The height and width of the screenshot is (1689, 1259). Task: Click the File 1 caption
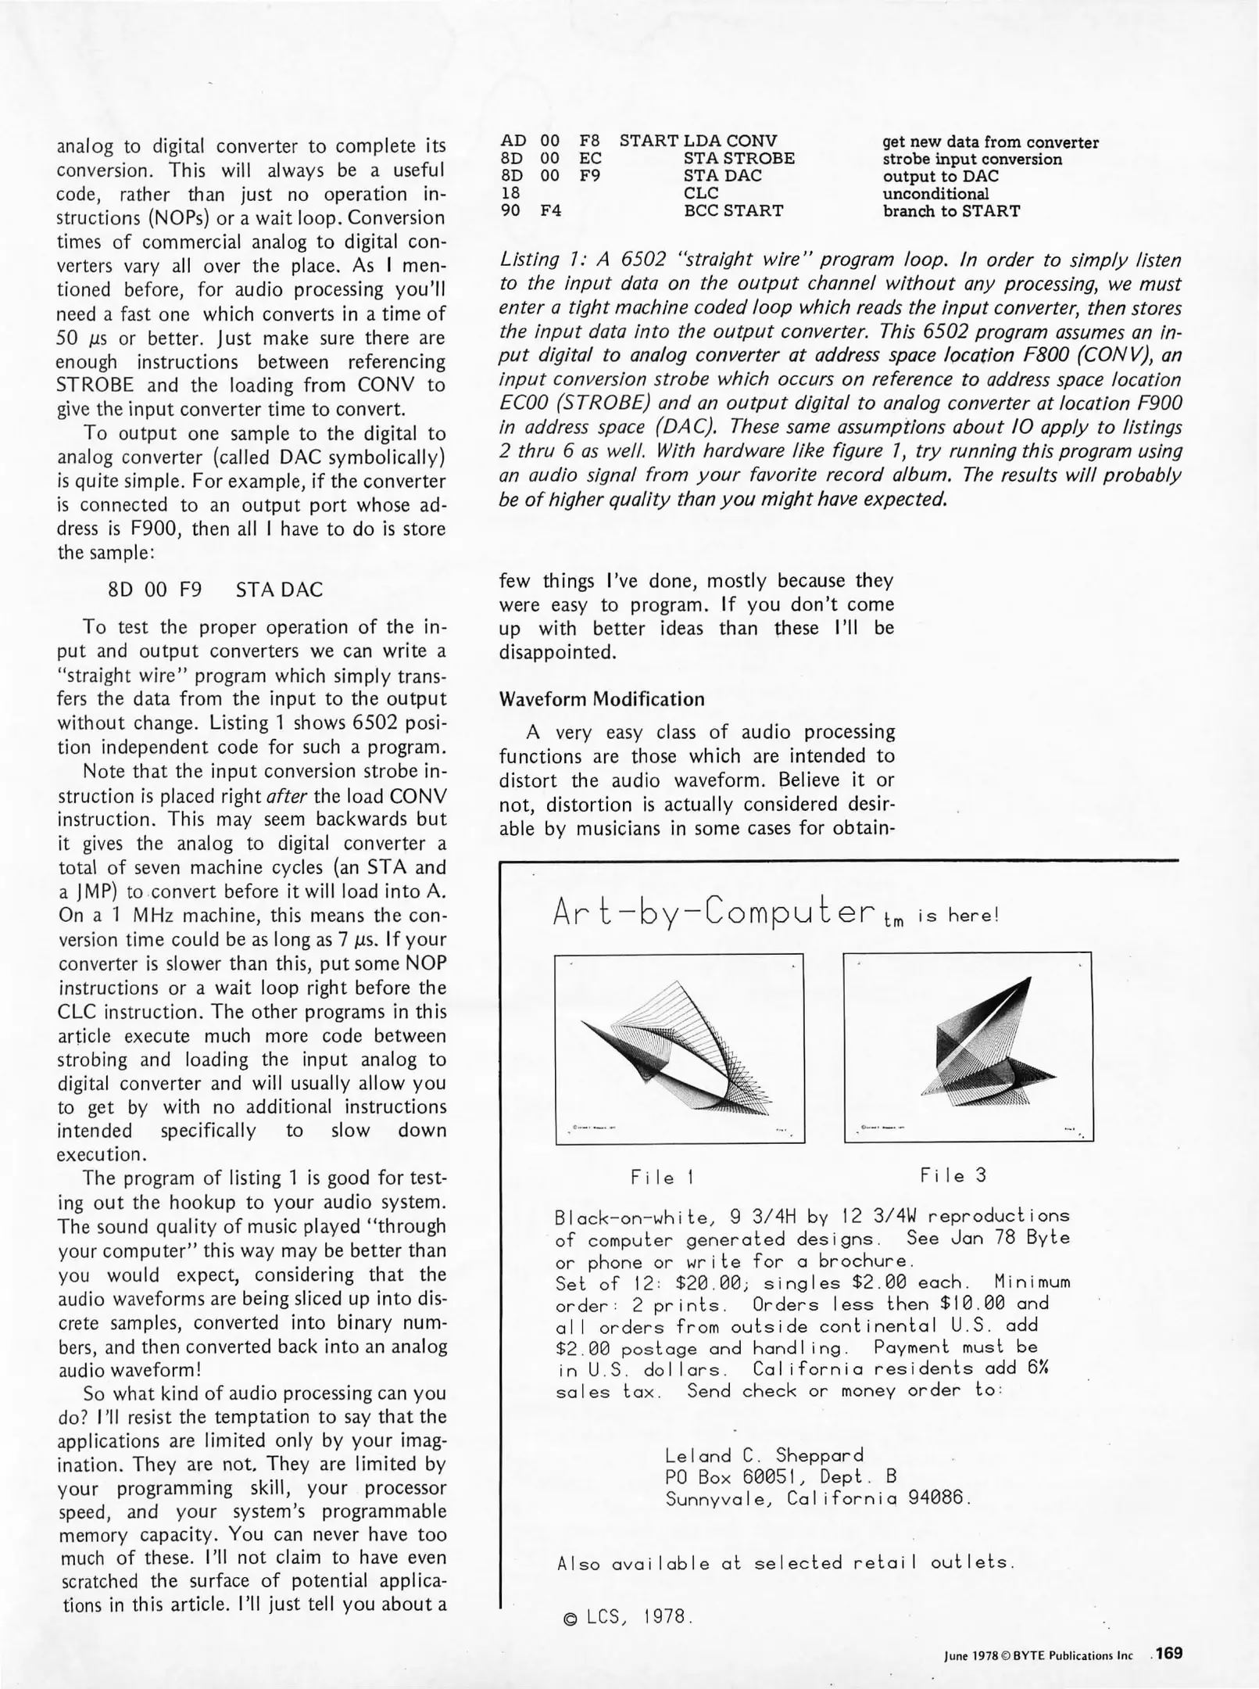663,1177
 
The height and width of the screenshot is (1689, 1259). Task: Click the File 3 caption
953,1175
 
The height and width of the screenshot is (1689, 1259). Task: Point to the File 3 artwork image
968,1047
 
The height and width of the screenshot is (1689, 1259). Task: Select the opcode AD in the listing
513,141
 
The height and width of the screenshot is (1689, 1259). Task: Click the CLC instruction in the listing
700,193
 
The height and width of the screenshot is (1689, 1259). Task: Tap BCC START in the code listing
733,210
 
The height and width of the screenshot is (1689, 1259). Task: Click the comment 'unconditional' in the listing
935,193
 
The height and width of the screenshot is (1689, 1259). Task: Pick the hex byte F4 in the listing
551,210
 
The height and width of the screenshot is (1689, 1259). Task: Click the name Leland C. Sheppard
764,1455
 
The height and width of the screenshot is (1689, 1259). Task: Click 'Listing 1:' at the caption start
538,260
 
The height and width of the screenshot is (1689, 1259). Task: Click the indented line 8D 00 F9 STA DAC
214,590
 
